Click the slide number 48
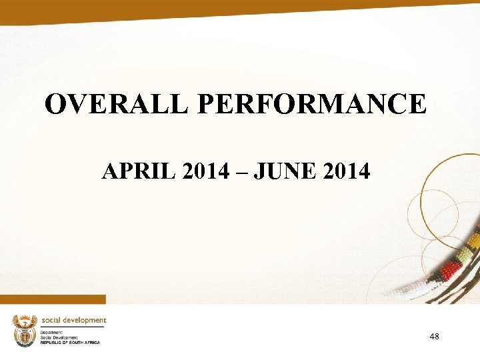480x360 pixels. coord(434,337)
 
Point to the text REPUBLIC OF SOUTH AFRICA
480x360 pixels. coord(70,342)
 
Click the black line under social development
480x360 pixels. coord(73,327)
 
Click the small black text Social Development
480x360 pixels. coord(59,337)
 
